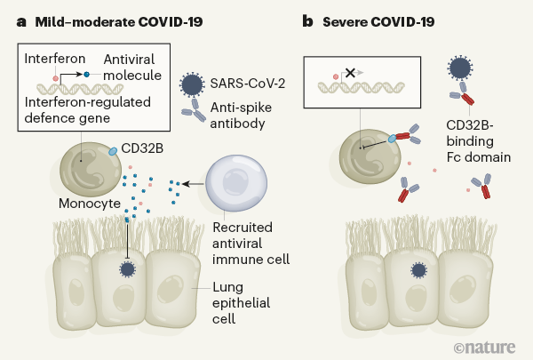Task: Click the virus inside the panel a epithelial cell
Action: (126, 269)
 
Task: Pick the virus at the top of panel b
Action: (460, 68)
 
